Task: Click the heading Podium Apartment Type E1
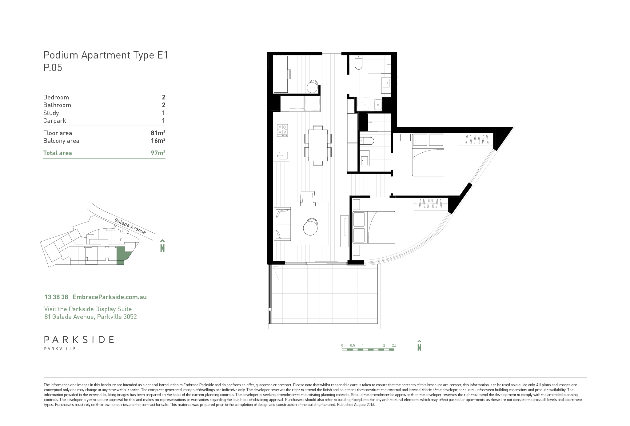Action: [106, 55]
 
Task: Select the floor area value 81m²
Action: [158, 133]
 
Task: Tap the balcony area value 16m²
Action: [158, 141]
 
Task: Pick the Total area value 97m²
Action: [158, 153]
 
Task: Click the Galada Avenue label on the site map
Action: [130, 226]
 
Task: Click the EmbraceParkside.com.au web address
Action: [110, 297]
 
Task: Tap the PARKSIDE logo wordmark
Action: [79, 340]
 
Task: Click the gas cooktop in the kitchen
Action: [283, 130]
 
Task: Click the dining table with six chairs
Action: [318, 145]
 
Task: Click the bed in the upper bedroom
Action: [428, 155]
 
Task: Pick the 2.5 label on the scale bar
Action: [394, 345]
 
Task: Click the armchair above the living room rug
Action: [308, 199]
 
